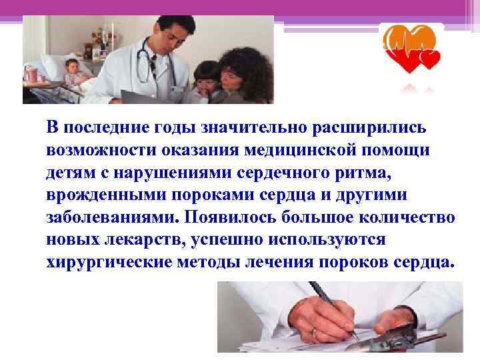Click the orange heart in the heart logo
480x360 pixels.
[399, 41]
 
